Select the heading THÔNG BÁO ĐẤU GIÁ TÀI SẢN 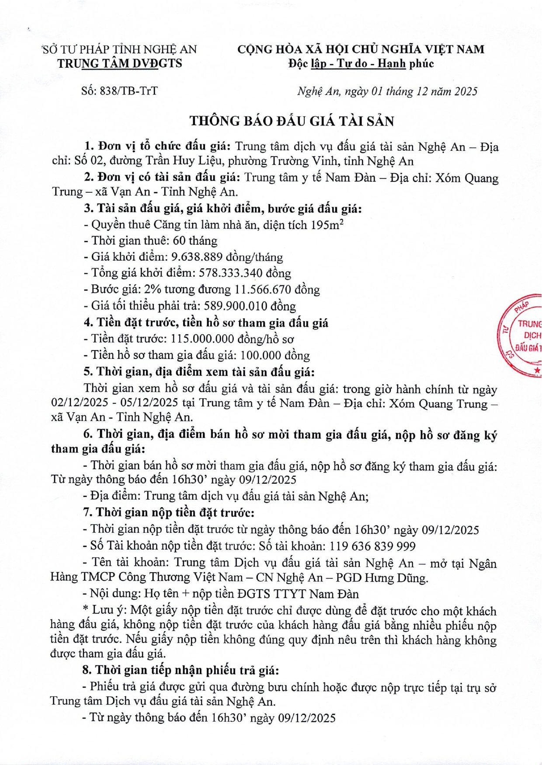pyautogui.click(x=292, y=121)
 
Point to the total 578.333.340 pyautogui.click(x=231, y=273)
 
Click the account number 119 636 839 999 pyautogui.click(x=372, y=546)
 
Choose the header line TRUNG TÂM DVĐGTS pyautogui.click(x=119, y=63)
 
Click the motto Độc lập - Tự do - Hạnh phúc pyautogui.click(x=361, y=64)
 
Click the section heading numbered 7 pyautogui.click(x=168, y=512)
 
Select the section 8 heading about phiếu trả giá pyautogui.click(x=180, y=670)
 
